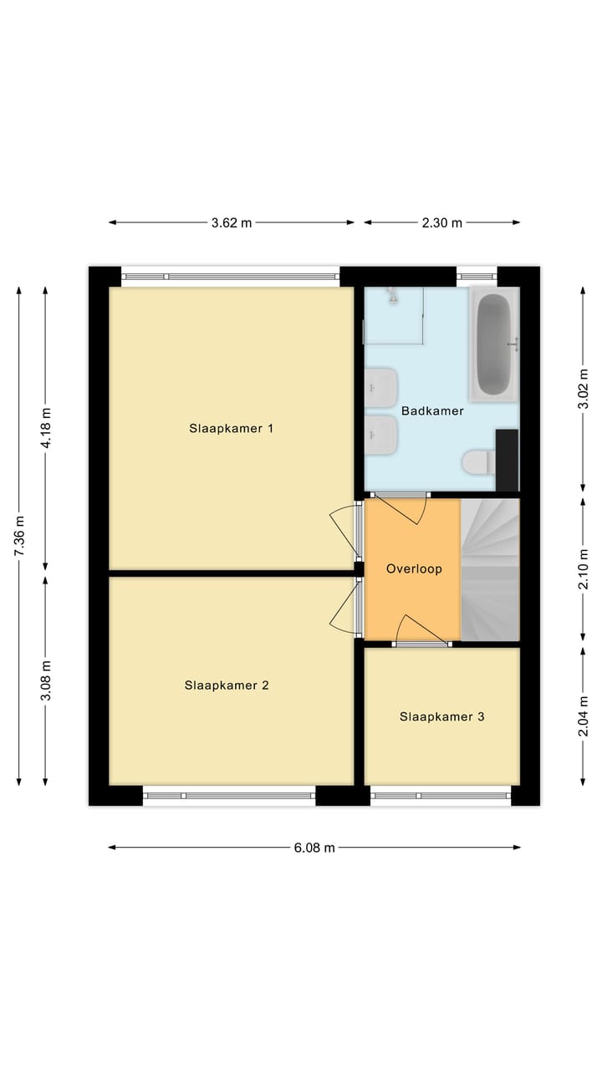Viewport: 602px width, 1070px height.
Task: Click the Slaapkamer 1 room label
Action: [x=232, y=429]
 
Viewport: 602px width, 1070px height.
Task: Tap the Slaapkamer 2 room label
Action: [x=227, y=685]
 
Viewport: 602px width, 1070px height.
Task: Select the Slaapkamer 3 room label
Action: [x=441, y=716]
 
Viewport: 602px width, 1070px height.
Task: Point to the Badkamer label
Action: [x=432, y=411]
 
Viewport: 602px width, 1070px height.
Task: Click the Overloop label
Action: [x=414, y=568]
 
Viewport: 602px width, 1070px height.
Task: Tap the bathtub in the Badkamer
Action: [x=493, y=344]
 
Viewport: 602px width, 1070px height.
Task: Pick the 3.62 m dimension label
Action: [x=232, y=222]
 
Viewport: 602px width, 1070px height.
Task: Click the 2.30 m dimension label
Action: [x=442, y=222]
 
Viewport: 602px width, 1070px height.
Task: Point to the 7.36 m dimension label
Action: [x=19, y=536]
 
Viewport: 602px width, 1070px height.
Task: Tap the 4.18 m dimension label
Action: [x=46, y=428]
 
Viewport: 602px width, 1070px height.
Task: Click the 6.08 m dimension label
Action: [x=314, y=848]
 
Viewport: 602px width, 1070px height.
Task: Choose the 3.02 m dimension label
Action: [x=584, y=389]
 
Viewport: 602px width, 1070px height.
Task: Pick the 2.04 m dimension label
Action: [x=584, y=716]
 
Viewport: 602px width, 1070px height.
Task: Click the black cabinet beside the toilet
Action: [x=507, y=460]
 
